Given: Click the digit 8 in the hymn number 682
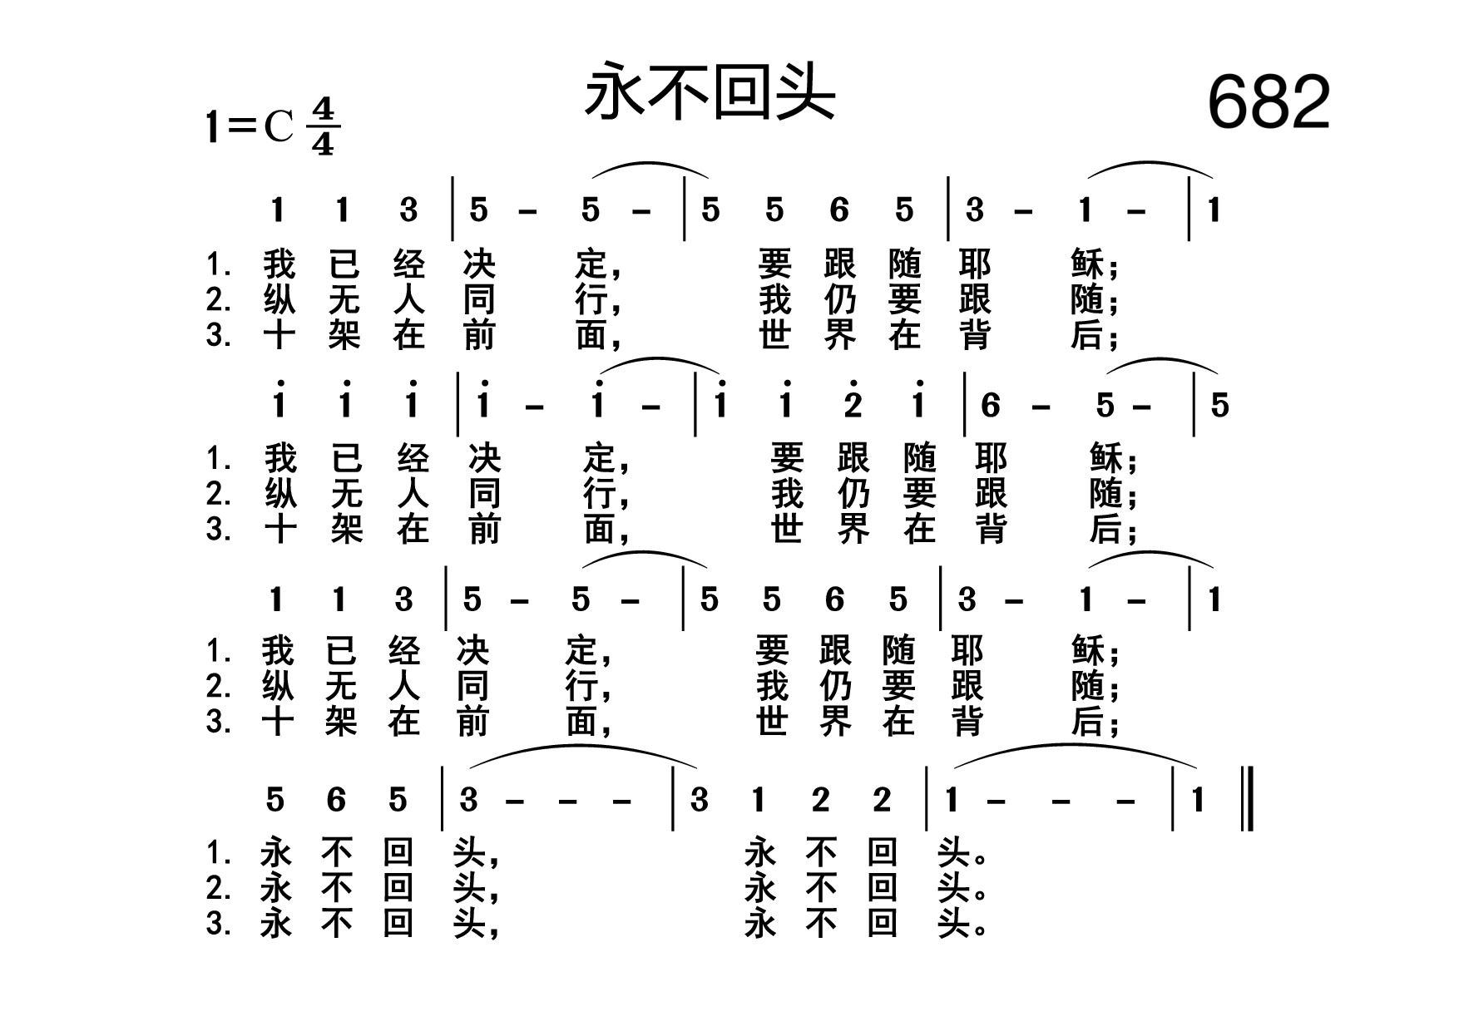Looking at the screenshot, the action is pyautogui.click(x=1269, y=102).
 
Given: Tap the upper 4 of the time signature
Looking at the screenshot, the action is pyautogui.click(x=323, y=110).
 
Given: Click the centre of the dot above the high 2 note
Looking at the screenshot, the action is pyautogui.click(x=853, y=383).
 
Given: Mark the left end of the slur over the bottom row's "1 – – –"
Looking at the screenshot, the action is pyautogui.click(x=954, y=769).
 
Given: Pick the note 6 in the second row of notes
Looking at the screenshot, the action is pyautogui.click(x=990, y=406).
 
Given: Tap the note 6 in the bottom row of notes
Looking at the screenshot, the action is pyautogui.click(x=336, y=800).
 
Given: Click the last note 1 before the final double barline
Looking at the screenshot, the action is pyautogui.click(x=1198, y=800).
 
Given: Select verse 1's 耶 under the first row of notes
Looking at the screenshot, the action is pyautogui.click(x=974, y=264).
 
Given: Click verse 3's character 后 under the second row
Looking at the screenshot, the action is pyautogui.click(x=1105, y=529).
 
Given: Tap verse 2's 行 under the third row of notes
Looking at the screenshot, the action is pyautogui.click(x=581, y=687).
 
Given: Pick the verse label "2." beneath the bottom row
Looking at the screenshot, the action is pyautogui.click(x=218, y=889).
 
